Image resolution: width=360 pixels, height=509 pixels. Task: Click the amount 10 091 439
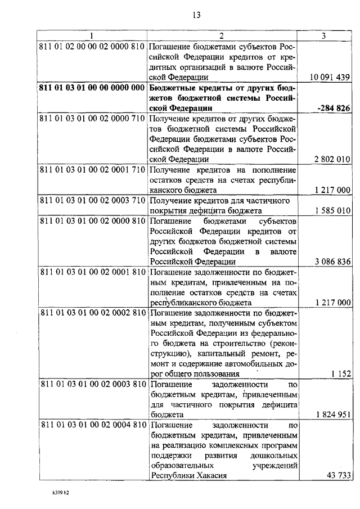[x=331, y=77]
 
